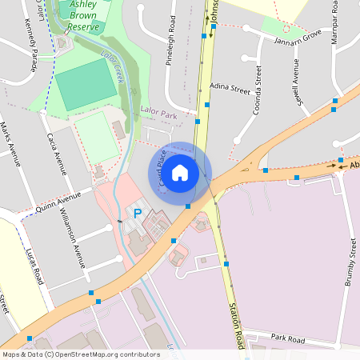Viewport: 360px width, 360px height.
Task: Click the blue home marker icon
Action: tap(180, 172)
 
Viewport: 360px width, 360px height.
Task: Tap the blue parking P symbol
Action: tap(137, 214)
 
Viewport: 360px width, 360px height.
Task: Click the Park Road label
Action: tap(288, 338)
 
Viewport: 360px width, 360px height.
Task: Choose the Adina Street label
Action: tap(230, 88)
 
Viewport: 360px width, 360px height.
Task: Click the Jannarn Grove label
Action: tap(297, 37)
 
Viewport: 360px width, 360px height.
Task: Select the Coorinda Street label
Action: tap(256, 90)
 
